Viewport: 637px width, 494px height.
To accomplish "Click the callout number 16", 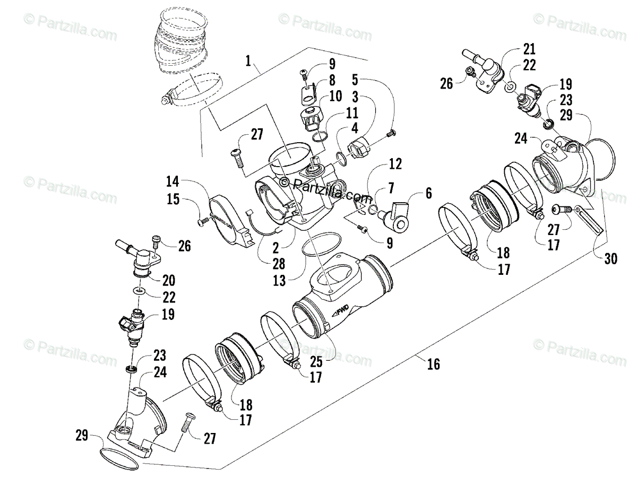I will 433,364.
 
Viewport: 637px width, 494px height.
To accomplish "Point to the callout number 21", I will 529,49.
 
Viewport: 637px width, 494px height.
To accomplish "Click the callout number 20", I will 169,280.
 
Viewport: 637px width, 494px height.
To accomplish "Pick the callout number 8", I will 332,81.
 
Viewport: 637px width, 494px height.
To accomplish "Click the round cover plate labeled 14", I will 229,223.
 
